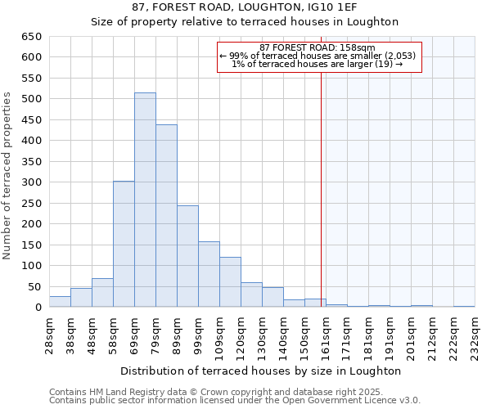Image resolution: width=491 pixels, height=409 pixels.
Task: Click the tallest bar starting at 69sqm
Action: click(145, 200)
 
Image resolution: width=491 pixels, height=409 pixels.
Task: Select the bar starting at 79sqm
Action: click(166, 216)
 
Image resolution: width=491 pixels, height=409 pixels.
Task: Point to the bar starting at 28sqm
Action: click(60, 302)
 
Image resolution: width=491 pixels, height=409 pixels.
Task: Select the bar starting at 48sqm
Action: click(102, 293)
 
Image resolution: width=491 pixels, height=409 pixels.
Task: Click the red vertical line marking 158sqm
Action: click(321, 180)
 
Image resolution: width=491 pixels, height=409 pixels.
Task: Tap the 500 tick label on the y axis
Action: click(31, 99)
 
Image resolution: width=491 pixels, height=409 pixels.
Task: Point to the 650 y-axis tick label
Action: click(31, 37)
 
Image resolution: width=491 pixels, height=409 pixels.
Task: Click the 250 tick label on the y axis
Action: click(31, 204)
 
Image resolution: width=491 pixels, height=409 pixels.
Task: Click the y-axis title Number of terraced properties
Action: click(8, 176)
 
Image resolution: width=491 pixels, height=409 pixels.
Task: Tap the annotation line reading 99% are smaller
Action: click(318, 56)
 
